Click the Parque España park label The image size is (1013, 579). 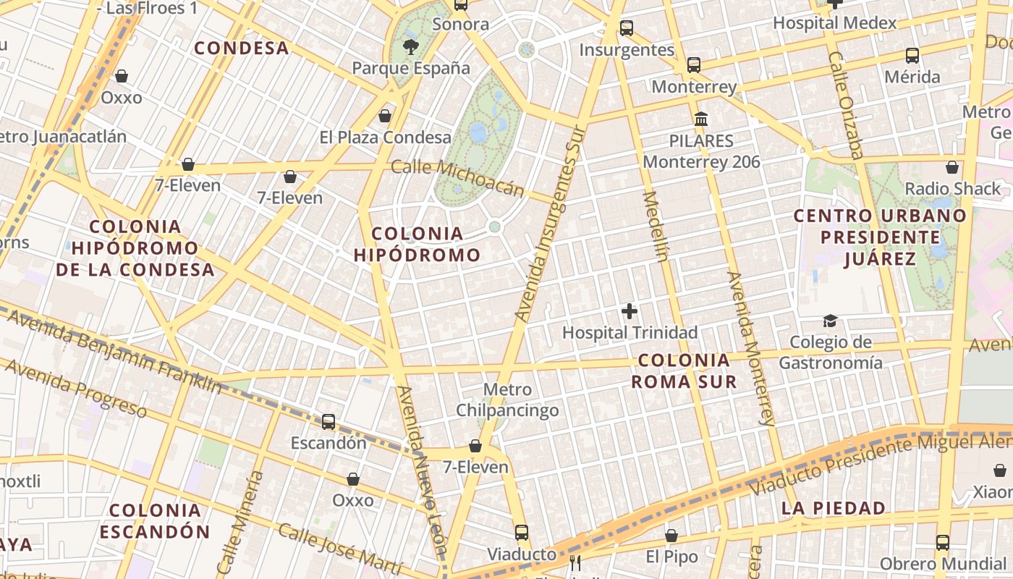click(410, 69)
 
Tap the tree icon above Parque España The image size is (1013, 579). click(411, 48)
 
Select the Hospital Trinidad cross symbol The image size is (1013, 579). click(630, 312)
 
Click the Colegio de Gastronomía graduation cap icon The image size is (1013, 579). click(830, 321)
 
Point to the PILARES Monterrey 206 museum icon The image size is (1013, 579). click(700, 119)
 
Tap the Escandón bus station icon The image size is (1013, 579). click(329, 421)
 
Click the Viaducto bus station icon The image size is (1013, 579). click(522, 533)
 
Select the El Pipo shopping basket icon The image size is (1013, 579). click(671, 536)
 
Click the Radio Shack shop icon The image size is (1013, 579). click(952, 167)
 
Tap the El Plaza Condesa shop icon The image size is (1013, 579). click(385, 116)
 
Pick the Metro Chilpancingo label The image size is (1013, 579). click(507, 400)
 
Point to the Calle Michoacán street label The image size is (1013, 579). click(457, 178)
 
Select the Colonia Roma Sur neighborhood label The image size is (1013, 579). click(684, 371)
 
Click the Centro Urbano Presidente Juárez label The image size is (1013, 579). click(880, 237)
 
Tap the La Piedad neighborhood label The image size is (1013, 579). click(834, 508)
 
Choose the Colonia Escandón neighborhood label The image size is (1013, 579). click(155, 521)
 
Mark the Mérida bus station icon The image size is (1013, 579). click(912, 56)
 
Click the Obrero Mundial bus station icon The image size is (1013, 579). click(942, 542)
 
